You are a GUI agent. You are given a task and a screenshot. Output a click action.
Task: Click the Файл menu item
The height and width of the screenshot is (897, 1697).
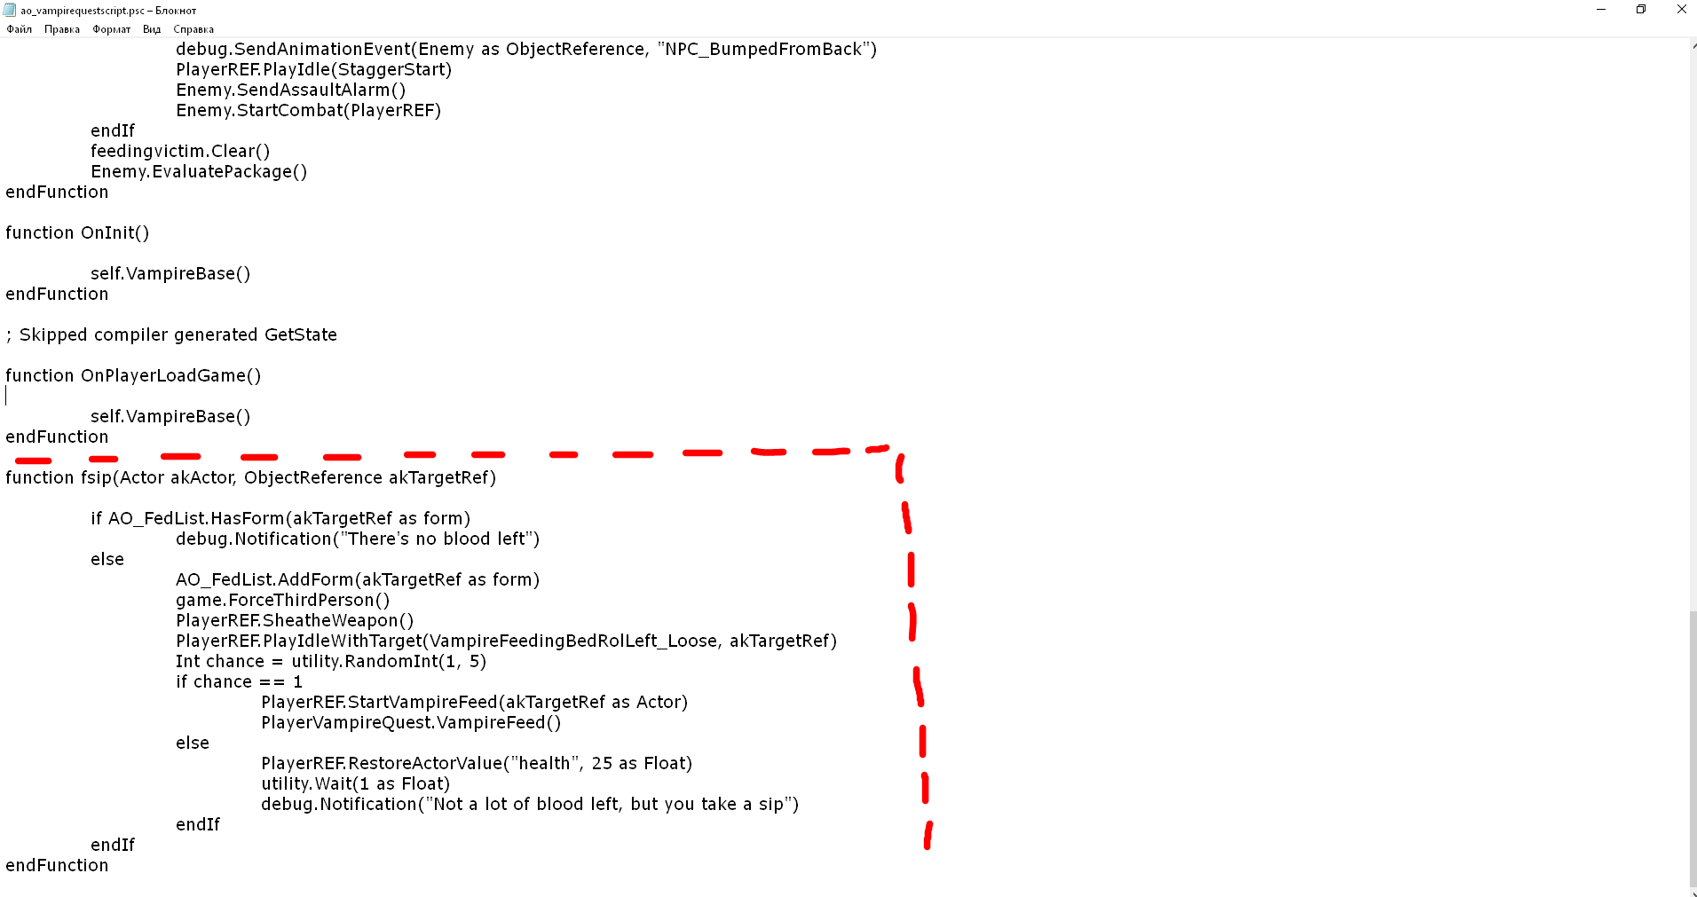[19, 29]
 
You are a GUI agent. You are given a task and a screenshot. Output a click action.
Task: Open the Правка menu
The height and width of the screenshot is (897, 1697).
[62, 29]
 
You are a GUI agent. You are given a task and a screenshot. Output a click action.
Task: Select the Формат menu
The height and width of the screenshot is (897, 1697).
[111, 29]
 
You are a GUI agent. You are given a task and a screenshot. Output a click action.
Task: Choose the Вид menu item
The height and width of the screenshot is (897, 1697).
[152, 29]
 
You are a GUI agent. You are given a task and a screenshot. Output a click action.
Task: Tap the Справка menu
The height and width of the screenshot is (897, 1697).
[193, 29]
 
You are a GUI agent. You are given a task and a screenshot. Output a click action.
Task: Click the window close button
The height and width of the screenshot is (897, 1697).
[1681, 9]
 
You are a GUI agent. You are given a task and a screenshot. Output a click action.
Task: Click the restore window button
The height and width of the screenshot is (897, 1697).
[1641, 9]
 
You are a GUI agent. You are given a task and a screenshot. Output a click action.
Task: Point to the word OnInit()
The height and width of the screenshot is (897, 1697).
[115, 232]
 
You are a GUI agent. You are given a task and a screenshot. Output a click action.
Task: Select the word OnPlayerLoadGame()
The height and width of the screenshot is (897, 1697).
[171, 375]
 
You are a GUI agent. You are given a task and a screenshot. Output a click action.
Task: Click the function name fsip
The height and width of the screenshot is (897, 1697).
[97, 477]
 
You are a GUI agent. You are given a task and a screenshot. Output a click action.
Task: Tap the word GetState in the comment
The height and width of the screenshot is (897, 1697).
[301, 334]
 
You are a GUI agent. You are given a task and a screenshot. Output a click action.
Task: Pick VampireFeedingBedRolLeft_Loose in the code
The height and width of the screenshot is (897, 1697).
[573, 641]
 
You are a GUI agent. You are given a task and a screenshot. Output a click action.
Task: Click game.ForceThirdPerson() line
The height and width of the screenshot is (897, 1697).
[283, 600]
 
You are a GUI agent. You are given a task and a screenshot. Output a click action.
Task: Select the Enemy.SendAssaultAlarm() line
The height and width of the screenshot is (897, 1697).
[291, 90]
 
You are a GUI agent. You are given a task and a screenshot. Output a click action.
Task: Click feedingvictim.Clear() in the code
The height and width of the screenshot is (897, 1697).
[180, 151]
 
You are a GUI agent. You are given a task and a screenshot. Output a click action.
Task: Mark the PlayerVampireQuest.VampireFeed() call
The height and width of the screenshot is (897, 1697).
[411, 722]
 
